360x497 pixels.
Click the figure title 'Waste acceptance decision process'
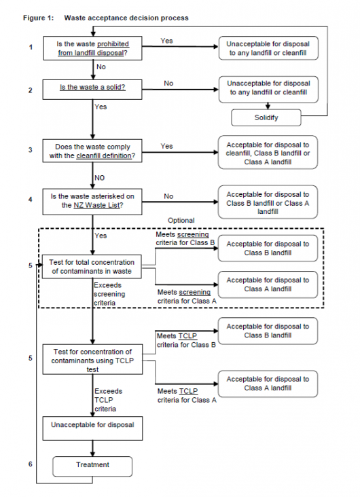[126, 18]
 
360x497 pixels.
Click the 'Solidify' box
[267, 117]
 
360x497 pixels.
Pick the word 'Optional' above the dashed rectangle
[181, 221]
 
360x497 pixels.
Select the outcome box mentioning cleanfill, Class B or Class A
[267, 151]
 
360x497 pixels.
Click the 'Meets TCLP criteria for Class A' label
[186, 396]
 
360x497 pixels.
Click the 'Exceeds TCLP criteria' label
[106, 401]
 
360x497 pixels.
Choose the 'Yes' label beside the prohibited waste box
[166, 41]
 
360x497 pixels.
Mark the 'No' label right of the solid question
[168, 82]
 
